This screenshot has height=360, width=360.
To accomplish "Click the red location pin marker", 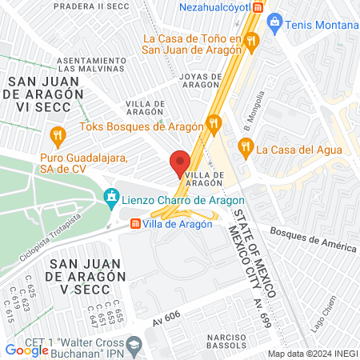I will (x=179, y=163).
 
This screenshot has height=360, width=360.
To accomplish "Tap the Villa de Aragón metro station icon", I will (x=134, y=224).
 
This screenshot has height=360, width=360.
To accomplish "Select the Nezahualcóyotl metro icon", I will (x=258, y=7).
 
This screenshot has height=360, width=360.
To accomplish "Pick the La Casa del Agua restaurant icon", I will (x=245, y=147).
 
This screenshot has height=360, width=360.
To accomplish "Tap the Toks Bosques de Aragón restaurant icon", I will (x=213, y=124).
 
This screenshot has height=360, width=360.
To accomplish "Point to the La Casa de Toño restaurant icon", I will (x=251, y=39).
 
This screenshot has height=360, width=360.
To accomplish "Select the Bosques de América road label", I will (x=313, y=239).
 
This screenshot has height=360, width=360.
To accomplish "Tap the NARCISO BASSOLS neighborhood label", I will (x=226, y=342).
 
